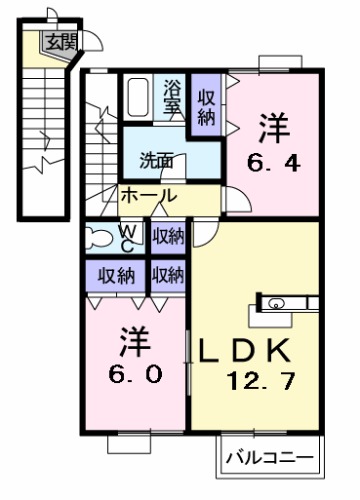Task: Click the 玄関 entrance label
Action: coord(60,41)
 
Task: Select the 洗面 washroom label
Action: coord(157,160)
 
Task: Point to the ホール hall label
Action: coord(148,196)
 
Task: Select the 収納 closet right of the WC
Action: coord(168,236)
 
